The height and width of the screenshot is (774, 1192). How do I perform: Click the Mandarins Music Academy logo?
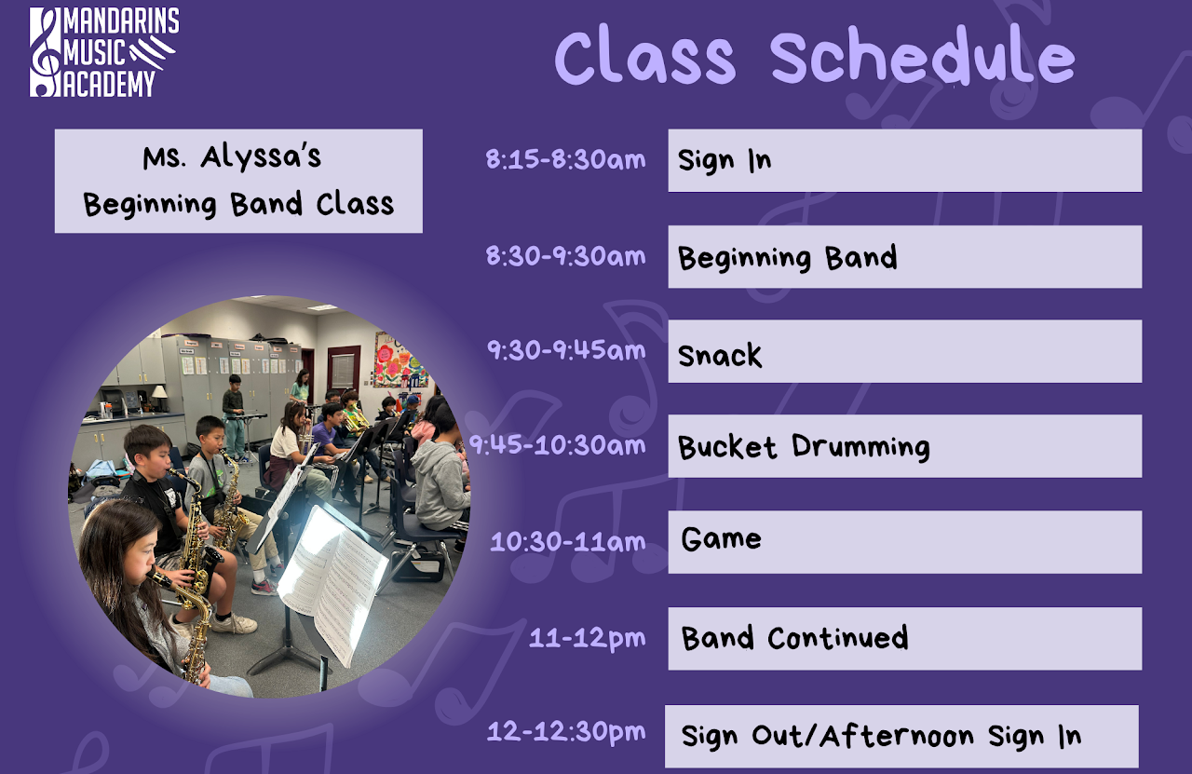click(x=104, y=52)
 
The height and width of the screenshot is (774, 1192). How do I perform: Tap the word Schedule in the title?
click(x=923, y=57)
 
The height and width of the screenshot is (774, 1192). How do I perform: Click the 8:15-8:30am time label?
click(x=565, y=159)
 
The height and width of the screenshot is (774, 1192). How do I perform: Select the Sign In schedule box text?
click(x=725, y=160)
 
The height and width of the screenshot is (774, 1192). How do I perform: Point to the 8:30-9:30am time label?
click(x=565, y=256)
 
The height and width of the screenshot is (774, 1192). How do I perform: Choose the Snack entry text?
click(x=720, y=355)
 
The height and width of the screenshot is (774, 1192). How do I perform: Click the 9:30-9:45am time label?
click(x=566, y=350)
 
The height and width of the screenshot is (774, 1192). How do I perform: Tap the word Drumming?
click(x=861, y=446)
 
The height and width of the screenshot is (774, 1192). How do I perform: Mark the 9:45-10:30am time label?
click(x=557, y=445)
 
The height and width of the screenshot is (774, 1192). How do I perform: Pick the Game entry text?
click(x=721, y=538)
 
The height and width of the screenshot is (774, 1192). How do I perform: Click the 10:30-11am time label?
click(x=568, y=541)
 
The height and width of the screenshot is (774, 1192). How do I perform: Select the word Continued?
click(x=837, y=637)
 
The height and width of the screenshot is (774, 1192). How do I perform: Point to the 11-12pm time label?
click(x=588, y=638)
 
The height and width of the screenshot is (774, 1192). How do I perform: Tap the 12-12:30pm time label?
click(x=566, y=732)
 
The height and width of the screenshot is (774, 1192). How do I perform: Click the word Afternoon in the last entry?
click(x=897, y=736)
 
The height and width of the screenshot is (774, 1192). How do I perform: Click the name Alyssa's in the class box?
click(x=261, y=158)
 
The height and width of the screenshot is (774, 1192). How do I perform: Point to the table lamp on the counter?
click(x=159, y=397)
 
